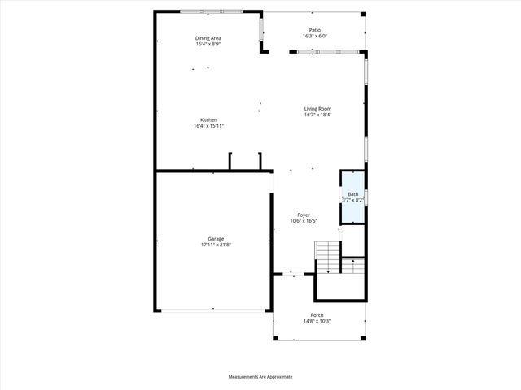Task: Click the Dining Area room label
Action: [208, 38]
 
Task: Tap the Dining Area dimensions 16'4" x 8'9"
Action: [208, 44]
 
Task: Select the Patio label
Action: [315, 30]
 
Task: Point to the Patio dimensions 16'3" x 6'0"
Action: [315, 36]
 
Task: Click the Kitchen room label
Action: [208, 120]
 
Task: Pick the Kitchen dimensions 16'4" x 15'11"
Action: [208, 126]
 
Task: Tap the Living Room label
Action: [317, 109]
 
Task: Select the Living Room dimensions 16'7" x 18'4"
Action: [317, 115]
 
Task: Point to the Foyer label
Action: [303, 214]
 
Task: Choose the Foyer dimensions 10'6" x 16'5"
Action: [303, 220]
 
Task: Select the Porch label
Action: [317, 315]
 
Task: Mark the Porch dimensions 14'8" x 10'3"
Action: [317, 321]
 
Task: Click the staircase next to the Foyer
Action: [327, 258]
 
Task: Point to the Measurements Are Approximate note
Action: [260, 377]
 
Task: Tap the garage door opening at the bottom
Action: [213, 310]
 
